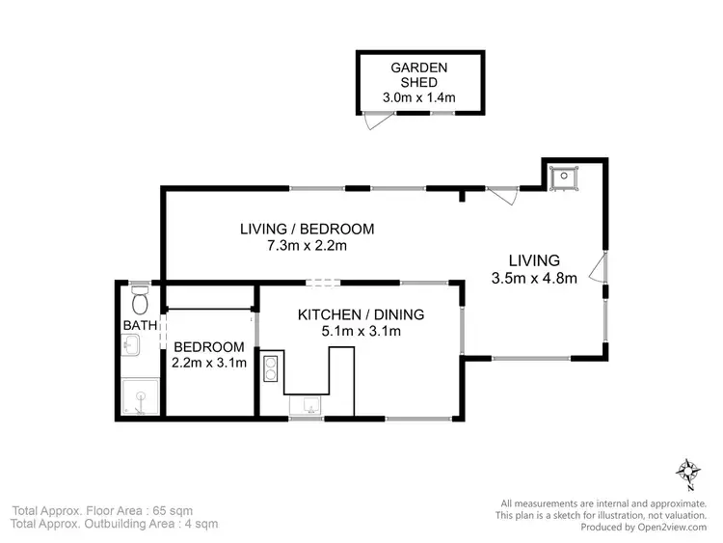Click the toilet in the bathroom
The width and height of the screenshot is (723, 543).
click(139, 291)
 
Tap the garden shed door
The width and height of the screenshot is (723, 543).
click(370, 120)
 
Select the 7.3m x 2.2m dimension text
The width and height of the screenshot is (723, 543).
click(307, 246)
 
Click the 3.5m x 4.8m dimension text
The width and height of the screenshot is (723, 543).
click(533, 279)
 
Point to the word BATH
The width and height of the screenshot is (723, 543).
click(139, 326)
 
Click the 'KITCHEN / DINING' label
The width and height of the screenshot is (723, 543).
click(361, 314)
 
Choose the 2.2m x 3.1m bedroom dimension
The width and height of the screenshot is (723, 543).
click(209, 364)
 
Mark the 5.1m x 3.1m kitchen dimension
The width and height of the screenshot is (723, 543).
click(361, 331)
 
